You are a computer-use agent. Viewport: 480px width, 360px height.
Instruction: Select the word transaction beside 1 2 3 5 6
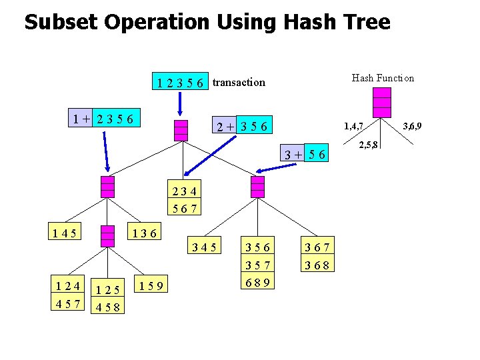click(x=239, y=83)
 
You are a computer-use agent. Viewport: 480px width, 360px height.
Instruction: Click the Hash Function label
click(x=383, y=78)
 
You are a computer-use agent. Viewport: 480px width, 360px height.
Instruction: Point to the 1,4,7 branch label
click(x=353, y=125)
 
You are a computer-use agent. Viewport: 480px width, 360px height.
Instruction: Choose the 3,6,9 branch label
click(x=411, y=125)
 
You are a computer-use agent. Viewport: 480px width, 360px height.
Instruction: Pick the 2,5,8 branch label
click(x=369, y=145)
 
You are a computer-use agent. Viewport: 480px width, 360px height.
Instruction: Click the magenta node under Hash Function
click(x=382, y=102)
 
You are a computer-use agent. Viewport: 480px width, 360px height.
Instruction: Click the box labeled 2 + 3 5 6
click(x=241, y=126)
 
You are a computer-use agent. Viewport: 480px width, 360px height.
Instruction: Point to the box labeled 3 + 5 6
click(x=305, y=155)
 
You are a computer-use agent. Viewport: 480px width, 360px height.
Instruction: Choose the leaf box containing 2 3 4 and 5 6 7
click(x=184, y=200)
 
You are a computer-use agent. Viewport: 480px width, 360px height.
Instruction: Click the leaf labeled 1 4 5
click(x=65, y=233)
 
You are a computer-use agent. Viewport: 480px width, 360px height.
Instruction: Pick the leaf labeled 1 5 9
click(x=152, y=287)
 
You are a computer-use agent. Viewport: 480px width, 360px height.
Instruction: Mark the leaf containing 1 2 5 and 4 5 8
click(x=107, y=299)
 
